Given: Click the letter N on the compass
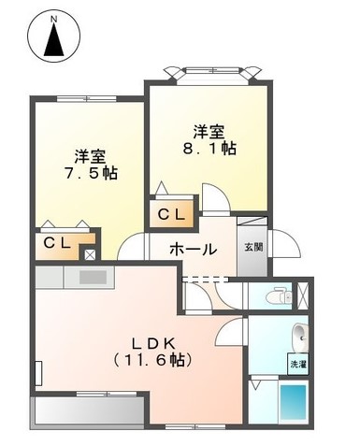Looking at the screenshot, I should coord(52,18).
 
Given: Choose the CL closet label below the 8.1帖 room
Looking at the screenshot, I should coord(174,214).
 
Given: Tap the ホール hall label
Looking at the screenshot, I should coord(193,249).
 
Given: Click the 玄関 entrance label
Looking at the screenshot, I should coord(253,247).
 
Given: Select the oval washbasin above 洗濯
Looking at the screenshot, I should coord(297,334).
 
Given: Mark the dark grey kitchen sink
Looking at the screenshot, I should coord(94,277).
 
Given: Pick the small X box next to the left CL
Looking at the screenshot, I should coord(90,253).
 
